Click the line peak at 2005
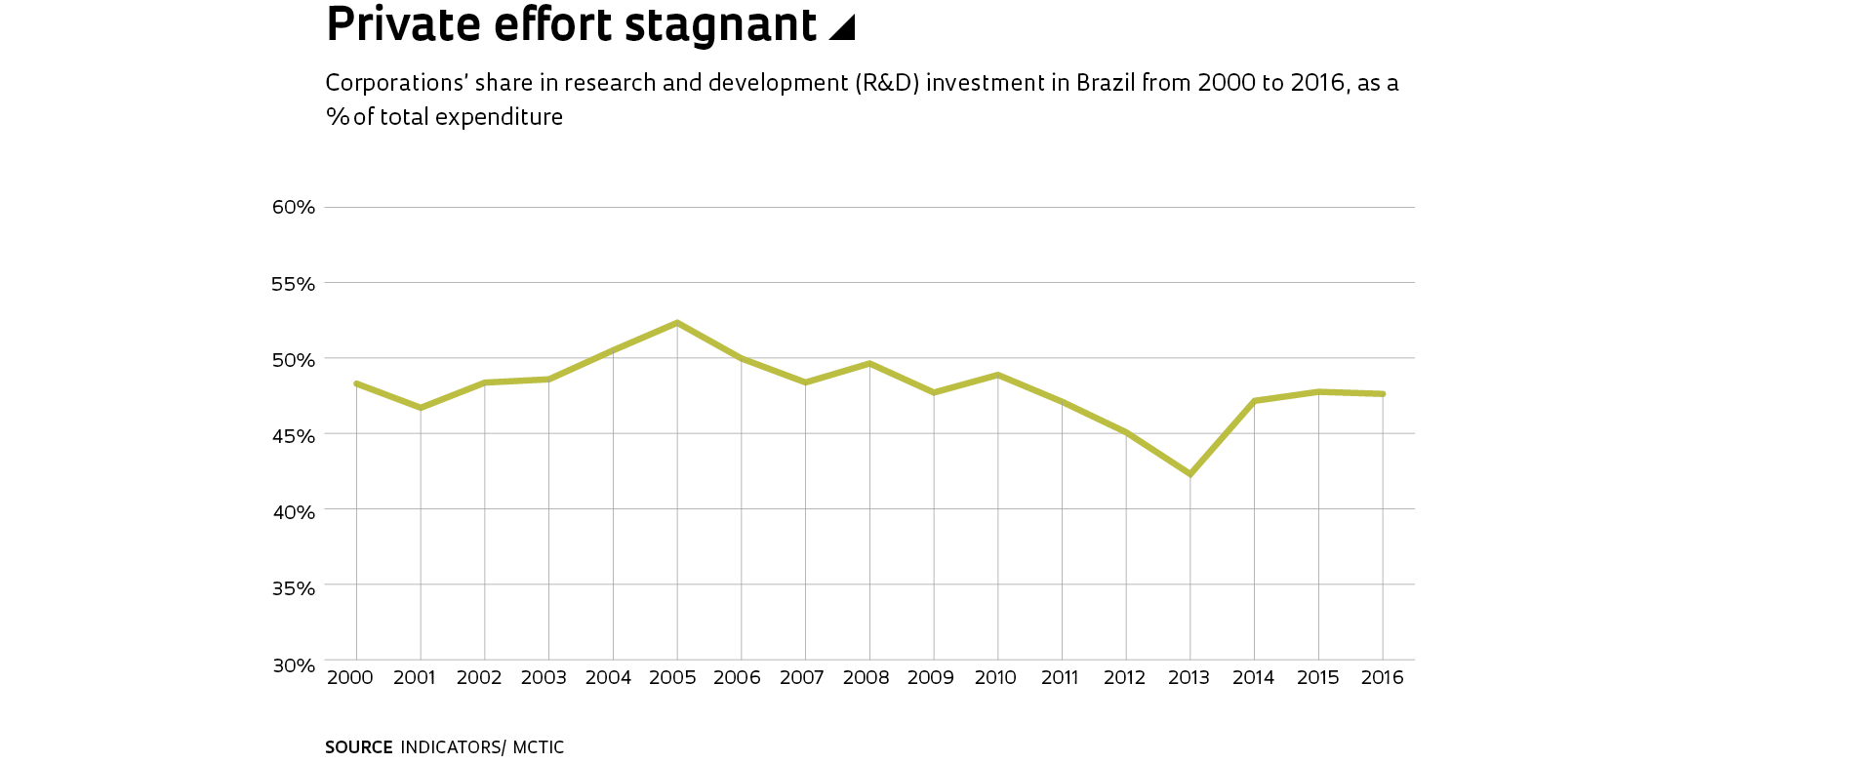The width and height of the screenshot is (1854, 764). point(677,323)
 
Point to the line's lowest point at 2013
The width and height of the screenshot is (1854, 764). point(1190,474)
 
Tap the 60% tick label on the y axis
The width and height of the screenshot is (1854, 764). point(294,207)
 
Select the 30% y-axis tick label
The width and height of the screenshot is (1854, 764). point(294,665)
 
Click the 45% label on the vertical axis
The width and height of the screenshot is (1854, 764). point(294,436)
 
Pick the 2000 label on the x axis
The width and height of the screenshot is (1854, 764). point(350,678)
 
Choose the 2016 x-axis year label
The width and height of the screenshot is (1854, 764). point(1382,678)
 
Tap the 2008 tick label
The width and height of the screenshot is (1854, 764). point(866,678)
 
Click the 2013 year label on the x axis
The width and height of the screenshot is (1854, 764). point(1189,678)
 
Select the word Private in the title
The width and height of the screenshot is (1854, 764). point(403,24)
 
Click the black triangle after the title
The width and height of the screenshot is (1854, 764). point(842,28)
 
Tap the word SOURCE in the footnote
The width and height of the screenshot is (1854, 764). point(358,747)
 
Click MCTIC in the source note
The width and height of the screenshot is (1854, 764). point(539,747)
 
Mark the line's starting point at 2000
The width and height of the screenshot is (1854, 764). point(356,383)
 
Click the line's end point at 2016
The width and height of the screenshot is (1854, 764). point(1383,394)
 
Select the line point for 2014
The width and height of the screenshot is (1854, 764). point(1254,401)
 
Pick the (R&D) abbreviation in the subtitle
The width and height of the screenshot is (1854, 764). point(888,83)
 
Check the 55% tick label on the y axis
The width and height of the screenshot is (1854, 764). point(294,284)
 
